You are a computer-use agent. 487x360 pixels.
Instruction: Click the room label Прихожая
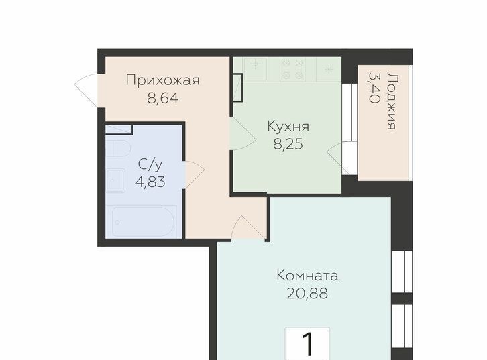point(162,80)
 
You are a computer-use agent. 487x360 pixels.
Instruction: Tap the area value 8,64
point(163,99)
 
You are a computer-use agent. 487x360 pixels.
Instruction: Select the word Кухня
point(288,127)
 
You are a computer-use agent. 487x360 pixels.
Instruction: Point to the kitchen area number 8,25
point(288,145)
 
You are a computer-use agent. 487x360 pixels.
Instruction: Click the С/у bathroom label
point(150,164)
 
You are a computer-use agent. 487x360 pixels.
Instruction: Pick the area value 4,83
point(150,182)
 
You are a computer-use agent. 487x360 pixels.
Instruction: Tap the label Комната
point(307,276)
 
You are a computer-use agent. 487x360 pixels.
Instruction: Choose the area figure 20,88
point(307,293)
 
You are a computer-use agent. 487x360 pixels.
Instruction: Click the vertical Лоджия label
point(392,101)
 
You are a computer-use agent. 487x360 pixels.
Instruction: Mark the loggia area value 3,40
point(374,88)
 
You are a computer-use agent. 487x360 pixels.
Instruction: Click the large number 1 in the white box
point(308,345)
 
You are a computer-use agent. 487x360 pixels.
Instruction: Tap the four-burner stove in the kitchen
point(293,69)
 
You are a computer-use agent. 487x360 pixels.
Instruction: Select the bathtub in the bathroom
point(144,222)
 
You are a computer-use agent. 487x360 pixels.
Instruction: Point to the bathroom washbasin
point(115,180)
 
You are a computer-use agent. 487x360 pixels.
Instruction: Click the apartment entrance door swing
point(86,90)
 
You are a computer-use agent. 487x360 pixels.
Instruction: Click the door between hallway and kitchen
point(243,134)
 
